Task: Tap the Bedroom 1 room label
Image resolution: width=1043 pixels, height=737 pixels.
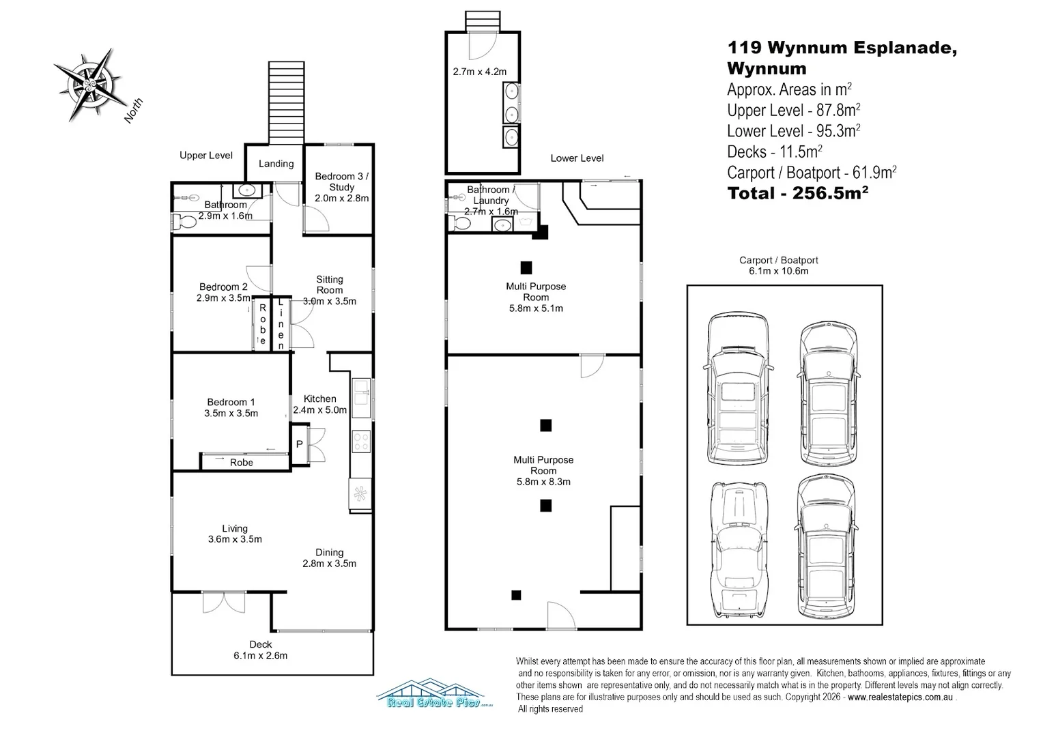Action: click(231, 402)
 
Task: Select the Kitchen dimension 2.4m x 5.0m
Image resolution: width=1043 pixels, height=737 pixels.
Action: click(320, 409)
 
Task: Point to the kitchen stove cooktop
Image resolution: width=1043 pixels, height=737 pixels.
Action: click(361, 441)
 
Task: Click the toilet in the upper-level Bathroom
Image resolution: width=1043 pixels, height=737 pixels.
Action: click(184, 221)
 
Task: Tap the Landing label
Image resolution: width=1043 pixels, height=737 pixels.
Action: click(276, 163)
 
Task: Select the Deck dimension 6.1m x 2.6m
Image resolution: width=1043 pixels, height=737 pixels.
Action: click(260, 656)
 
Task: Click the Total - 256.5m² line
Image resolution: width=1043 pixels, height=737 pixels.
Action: click(798, 192)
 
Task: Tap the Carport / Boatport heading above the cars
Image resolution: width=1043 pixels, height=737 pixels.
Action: click(779, 260)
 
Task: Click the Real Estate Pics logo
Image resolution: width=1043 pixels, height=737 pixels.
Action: click(434, 693)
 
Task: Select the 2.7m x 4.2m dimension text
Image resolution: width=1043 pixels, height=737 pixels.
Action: click(480, 72)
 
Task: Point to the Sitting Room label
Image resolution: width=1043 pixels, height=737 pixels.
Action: click(330, 285)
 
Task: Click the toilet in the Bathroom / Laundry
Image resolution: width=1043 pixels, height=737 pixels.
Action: click(459, 223)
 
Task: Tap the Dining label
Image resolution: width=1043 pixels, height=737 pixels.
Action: click(329, 552)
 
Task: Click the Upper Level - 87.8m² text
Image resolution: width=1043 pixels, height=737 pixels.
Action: click(793, 111)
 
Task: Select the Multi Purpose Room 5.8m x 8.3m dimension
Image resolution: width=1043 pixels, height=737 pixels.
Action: click(543, 482)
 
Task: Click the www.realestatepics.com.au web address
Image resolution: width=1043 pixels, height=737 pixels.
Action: click(900, 697)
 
